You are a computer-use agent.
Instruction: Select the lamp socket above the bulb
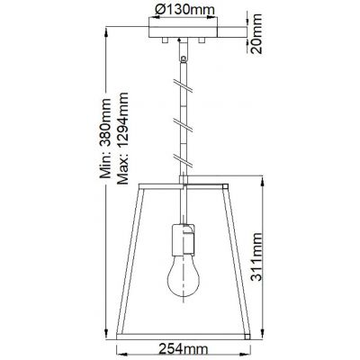pos(184,240)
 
